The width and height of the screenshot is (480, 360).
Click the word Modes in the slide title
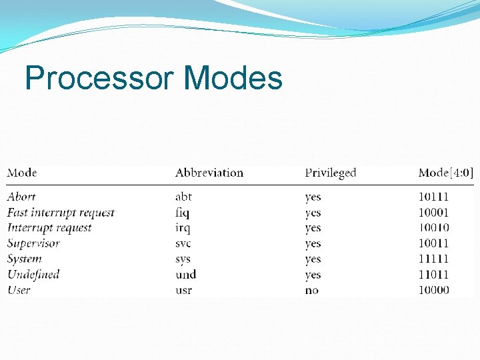(x=233, y=79)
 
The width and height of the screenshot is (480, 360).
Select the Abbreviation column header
(x=209, y=173)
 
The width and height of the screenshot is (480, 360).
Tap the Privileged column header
(x=331, y=173)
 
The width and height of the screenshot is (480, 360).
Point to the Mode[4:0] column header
(x=446, y=173)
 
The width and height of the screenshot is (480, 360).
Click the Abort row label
(x=21, y=197)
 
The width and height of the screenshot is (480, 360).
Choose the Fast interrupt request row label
(x=61, y=213)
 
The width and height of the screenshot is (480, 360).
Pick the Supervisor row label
(x=33, y=243)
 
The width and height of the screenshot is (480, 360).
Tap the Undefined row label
(x=33, y=274)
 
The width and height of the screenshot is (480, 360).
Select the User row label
(x=19, y=290)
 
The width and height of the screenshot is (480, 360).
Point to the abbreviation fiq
(x=183, y=213)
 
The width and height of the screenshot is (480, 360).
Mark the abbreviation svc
(x=184, y=243)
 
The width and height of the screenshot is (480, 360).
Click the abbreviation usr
(x=183, y=290)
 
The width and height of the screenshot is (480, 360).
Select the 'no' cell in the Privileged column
(x=312, y=290)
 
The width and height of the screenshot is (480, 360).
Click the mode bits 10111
(x=433, y=197)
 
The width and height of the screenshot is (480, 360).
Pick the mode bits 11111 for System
(x=433, y=259)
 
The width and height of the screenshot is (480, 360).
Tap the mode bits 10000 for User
(x=433, y=290)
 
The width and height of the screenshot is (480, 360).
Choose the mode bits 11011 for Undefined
(x=433, y=274)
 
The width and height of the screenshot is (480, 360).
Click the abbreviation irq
(x=183, y=229)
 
